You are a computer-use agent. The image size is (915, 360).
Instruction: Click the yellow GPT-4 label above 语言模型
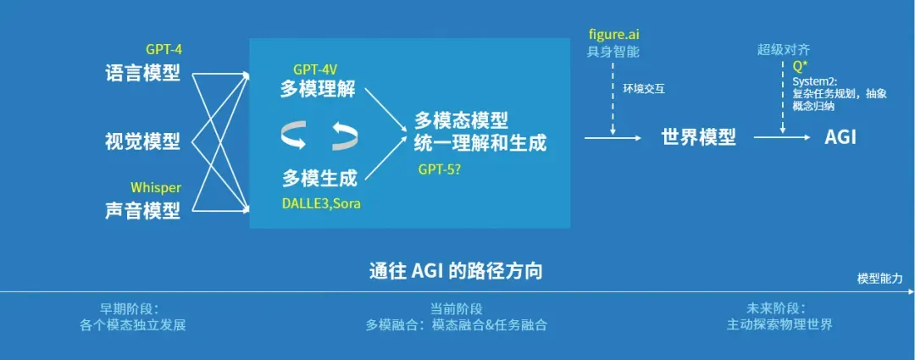(164, 50)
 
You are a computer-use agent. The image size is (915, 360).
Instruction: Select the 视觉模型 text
(143, 141)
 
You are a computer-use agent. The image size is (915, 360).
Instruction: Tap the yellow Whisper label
(156, 188)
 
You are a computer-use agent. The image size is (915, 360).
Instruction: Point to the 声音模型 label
(143, 210)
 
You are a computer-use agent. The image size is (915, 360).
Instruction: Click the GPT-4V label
(316, 69)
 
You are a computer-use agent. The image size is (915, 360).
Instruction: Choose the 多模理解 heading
(318, 90)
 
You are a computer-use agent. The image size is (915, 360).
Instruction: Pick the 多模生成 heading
(319, 178)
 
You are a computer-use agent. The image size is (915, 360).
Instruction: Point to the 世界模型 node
(698, 138)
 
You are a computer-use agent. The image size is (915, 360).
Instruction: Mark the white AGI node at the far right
(840, 138)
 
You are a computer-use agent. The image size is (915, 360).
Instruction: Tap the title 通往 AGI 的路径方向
(457, 272)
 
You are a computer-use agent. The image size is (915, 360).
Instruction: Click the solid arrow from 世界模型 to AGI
(782, 138)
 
